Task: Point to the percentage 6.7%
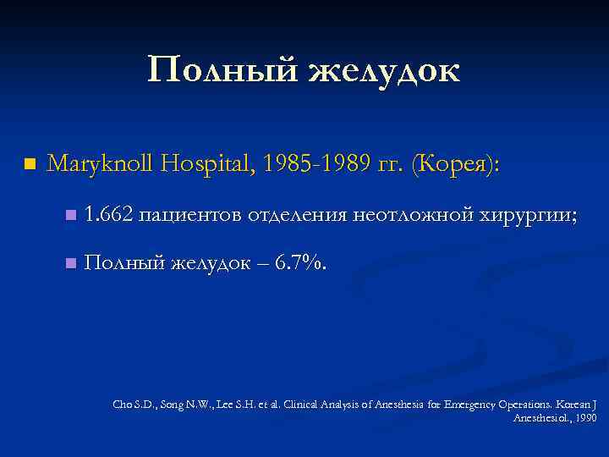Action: [x=299, y=264]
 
